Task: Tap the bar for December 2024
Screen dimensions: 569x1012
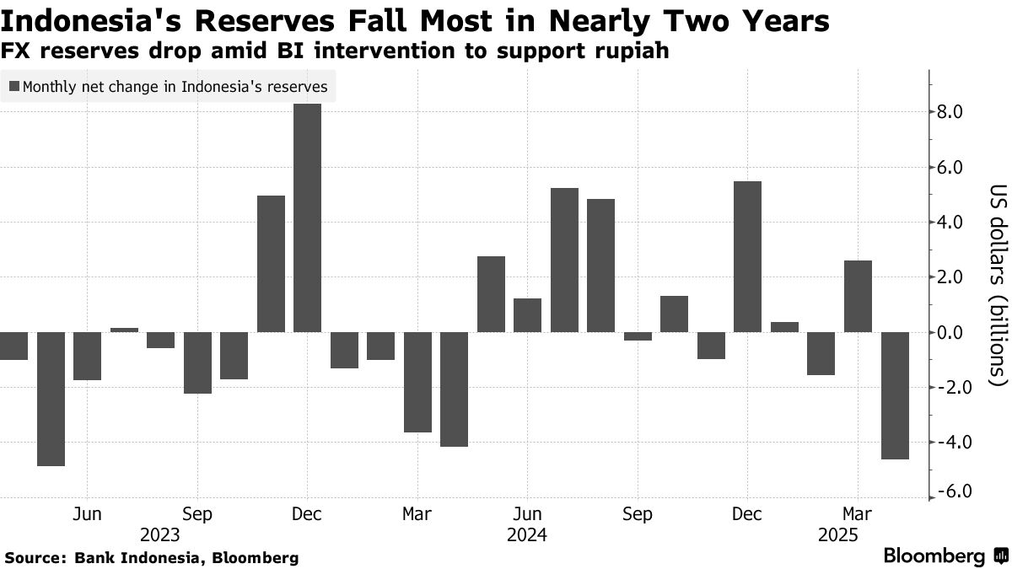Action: [747, 256]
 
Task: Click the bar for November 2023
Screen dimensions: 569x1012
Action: [271, 264]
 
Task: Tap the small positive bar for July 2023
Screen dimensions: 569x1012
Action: [124, 330]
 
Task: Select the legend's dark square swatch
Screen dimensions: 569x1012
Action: [13, 86]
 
